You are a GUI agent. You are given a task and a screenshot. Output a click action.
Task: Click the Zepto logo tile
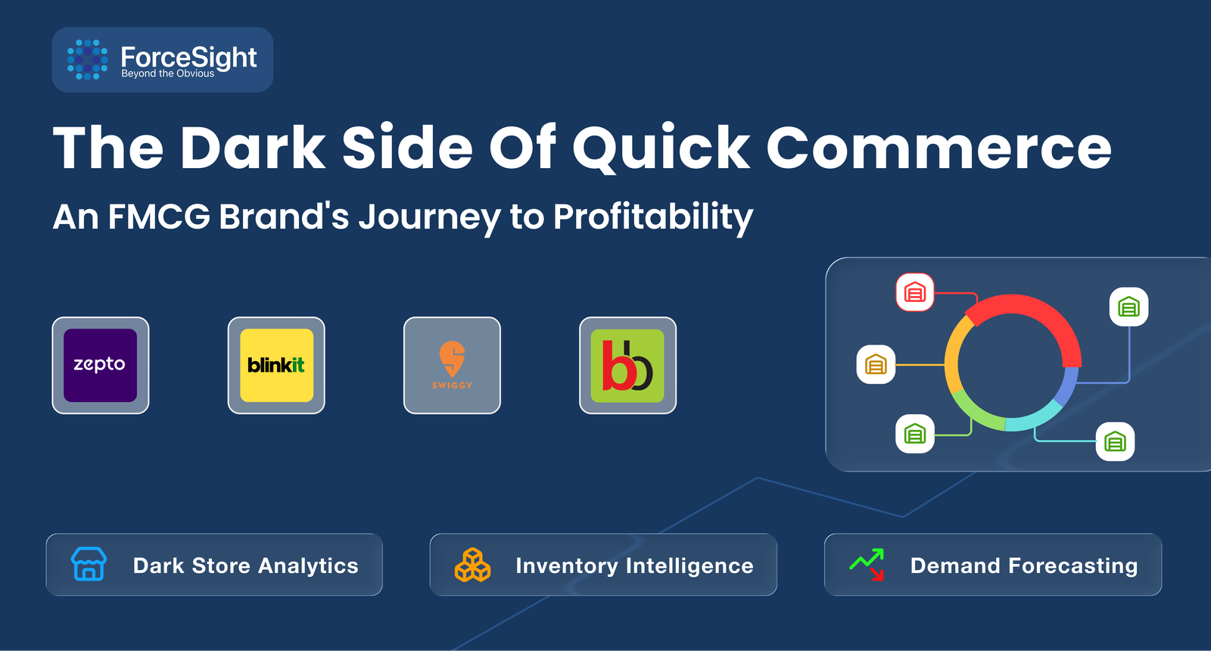point(101,366)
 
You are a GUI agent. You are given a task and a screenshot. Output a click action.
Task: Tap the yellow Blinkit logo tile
point(276,366)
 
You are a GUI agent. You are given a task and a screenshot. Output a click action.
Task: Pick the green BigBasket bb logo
point(627,366)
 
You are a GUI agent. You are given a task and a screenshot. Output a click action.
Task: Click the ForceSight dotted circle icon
point(87,60)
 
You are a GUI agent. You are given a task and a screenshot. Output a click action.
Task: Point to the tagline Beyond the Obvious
point(167,73)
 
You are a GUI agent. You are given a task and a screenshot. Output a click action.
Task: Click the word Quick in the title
point(661,148)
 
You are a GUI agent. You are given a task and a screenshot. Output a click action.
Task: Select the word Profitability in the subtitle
point(653,217)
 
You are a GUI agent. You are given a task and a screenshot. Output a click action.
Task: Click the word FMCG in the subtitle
point(159,216)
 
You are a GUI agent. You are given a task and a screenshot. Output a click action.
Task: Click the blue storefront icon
point(89,564)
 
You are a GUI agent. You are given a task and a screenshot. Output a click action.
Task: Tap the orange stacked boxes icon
point(472,565)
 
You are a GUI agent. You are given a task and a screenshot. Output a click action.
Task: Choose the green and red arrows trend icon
point(867,565)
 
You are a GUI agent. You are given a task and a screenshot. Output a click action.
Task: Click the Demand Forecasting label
point(1024,565)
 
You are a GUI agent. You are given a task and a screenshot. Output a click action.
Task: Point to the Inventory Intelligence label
point(634,565)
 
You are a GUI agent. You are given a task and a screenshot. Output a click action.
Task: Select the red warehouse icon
point(915,292)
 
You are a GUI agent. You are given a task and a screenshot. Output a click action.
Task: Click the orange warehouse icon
point(876,364)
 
